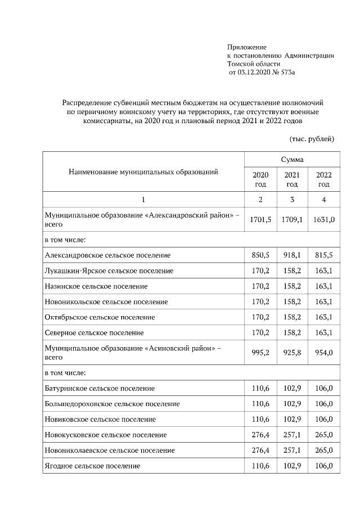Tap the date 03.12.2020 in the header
click(247, 73)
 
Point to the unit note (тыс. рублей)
click(312, 138)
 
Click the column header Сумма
click(291, 160)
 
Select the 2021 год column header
click(292, 179)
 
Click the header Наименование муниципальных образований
click(143, 172)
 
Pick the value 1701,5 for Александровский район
click(260, 219)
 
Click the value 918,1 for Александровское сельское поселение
click(292, 255)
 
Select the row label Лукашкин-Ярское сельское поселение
click(109, 271)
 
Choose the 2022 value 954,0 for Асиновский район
click(323, 353)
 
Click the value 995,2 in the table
click(260, 353)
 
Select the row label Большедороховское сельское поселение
click(112, 404)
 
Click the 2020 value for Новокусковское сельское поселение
click(260, 435)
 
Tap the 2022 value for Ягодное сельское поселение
click(323, 466)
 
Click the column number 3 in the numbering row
click(292, 200)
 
